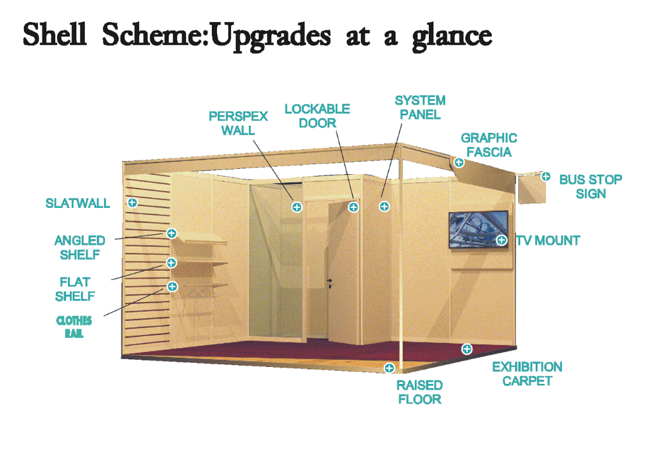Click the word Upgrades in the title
(271, 36)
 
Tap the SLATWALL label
(77, 203)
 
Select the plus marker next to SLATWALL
(133, 203)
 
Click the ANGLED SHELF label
(80, 248)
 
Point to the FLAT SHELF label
(75, 289)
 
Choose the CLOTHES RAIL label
(74, 327)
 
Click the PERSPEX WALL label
(238, 123)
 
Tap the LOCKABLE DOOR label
(317, 116)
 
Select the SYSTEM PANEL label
(420, 108)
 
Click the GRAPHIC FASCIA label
(489, 145)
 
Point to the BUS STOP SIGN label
(591, 186)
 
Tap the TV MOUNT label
(548, 241)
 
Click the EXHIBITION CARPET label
(527, 374)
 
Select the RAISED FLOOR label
(419, 392)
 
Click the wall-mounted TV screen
(478, 230)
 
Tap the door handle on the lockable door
(330, 283)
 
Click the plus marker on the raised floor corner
(389, 368)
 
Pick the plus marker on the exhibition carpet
(467, 349)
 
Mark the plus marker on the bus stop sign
(546, 176)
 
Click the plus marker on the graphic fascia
(459, 163)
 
